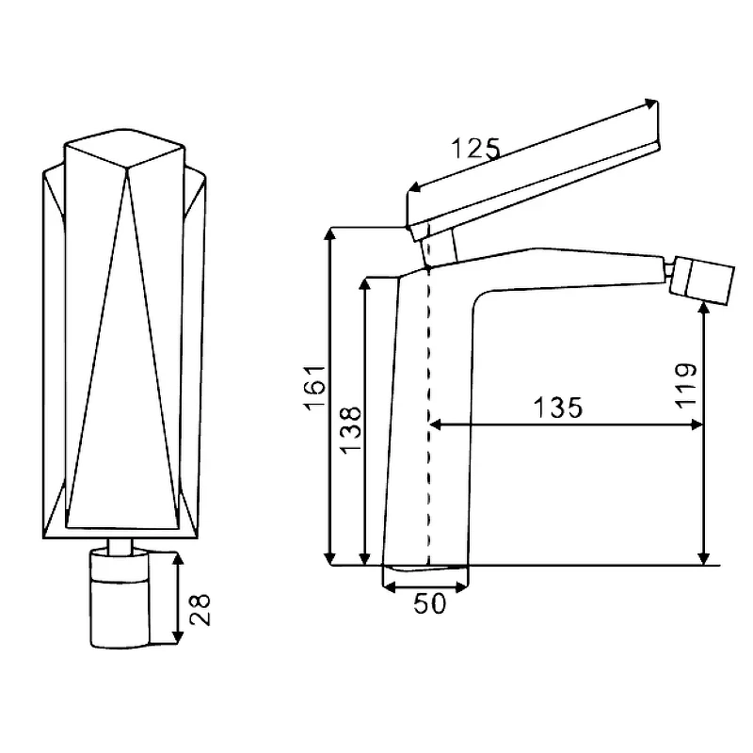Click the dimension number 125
pyautogui.click(x=476, y=149)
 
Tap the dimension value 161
pyautogui.click(x=314, y=388)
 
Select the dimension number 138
pyautogui.click(x=350, y=428)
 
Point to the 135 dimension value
pyautogui.click(x=558, y=408)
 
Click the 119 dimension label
pyautogui.click(x=686, y=386)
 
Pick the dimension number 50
pyautogui.click(x=430, y=603)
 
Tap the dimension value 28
pyautogui.click(x=200, y=610)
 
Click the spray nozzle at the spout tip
pyautogui.click(x=702, y=280)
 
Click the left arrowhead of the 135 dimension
pyautogui.click(x=435, y=425)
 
